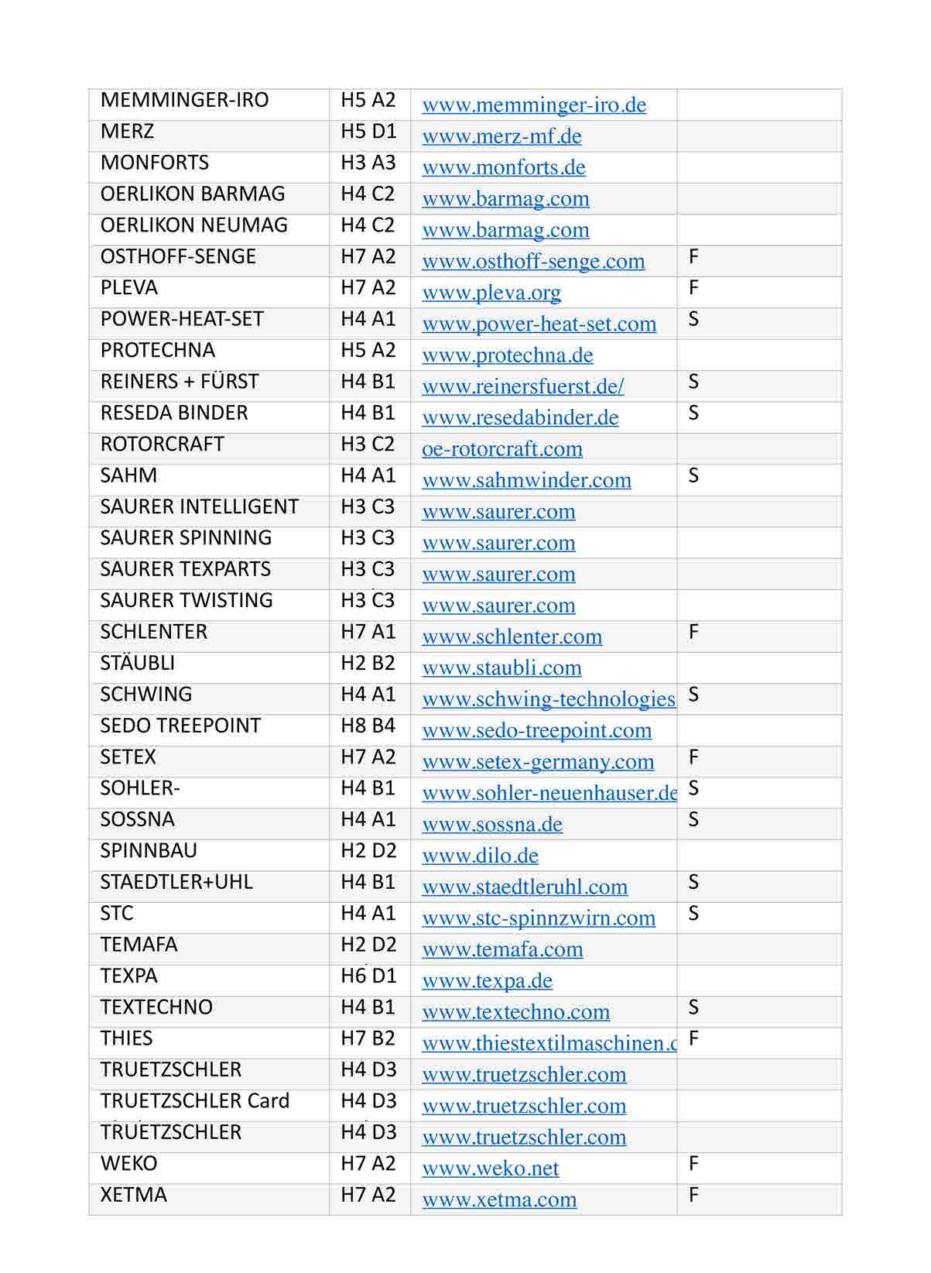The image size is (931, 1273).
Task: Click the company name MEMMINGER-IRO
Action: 184,101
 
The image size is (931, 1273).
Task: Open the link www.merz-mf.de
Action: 501,137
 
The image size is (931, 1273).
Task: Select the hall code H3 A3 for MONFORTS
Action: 368,163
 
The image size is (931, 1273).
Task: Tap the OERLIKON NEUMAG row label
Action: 193,226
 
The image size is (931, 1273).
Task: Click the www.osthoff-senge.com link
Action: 533,262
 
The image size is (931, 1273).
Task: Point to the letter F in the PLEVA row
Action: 693,289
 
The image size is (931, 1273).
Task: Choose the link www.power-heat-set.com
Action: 539,324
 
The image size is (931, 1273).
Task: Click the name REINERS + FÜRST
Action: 180,383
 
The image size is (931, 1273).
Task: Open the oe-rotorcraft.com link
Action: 501,450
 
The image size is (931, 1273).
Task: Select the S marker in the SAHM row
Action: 693,476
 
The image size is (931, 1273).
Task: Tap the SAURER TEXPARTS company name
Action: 185,570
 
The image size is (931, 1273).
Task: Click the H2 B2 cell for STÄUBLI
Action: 368,664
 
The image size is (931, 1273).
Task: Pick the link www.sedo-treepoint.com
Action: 536,731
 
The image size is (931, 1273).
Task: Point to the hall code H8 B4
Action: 368,726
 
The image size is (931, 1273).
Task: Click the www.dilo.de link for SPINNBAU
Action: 480,856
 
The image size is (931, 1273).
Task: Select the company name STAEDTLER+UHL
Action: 176,883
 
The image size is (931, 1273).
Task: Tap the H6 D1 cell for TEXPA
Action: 368,976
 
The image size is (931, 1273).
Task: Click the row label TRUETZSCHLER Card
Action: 194,1102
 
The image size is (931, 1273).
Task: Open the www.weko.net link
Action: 490,1169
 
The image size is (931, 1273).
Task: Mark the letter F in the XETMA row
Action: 693,1196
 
